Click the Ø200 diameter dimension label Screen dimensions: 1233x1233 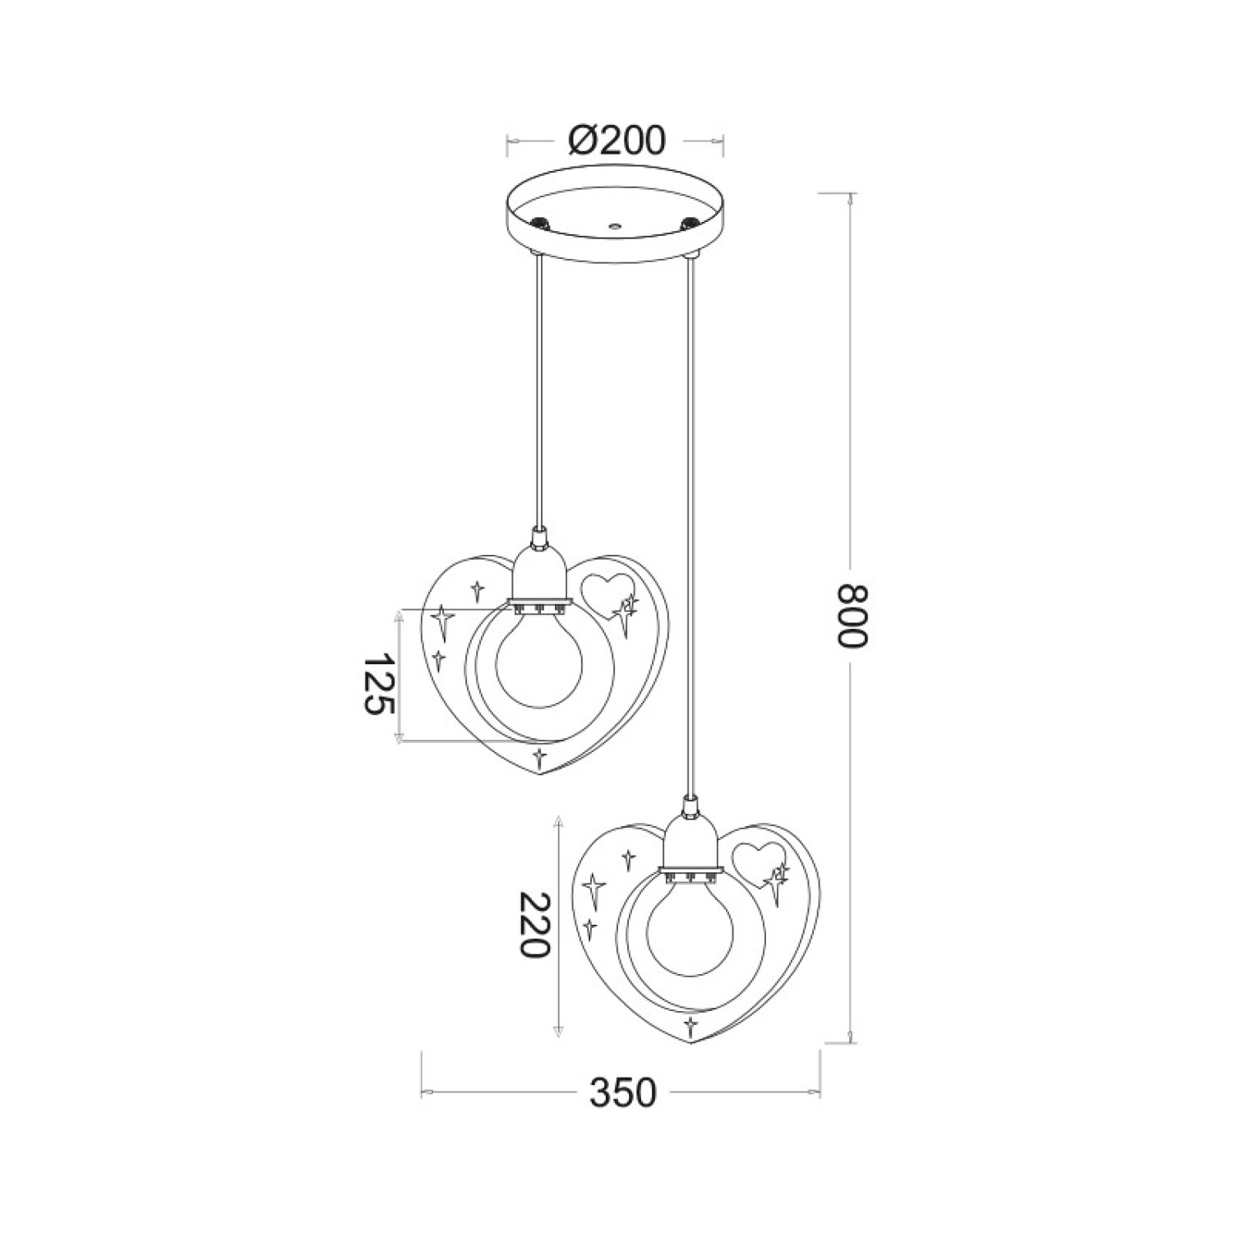(x=616, y=141)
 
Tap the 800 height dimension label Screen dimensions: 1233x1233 (x=852, y=616)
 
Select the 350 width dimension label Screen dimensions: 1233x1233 (x=623, y=1092)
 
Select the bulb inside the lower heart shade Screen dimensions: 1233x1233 (x=690, y=925)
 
